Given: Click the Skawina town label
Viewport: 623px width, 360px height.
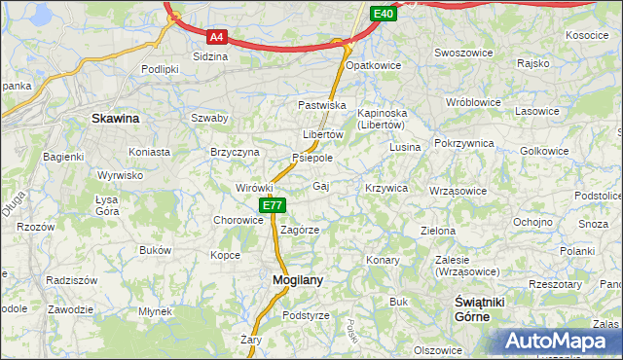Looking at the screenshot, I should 115,118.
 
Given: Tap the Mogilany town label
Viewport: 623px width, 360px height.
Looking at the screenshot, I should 290,280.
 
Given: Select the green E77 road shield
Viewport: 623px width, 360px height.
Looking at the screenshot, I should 272,205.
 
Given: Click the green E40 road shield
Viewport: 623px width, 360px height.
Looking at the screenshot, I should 384,14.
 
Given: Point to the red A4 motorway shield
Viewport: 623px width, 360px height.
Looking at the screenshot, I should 217,37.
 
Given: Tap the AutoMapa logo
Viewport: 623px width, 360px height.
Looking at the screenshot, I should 561,342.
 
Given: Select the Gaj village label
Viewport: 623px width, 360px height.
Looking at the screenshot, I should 321,185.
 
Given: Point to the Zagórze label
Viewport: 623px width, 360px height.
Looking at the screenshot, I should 300,231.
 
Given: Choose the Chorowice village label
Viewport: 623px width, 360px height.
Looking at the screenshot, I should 238,220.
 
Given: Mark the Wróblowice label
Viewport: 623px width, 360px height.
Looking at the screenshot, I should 472,101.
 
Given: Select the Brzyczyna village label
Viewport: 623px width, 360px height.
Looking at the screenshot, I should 235,152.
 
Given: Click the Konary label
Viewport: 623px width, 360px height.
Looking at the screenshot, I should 384,260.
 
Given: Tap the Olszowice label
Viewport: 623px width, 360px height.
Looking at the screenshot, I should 437,349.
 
